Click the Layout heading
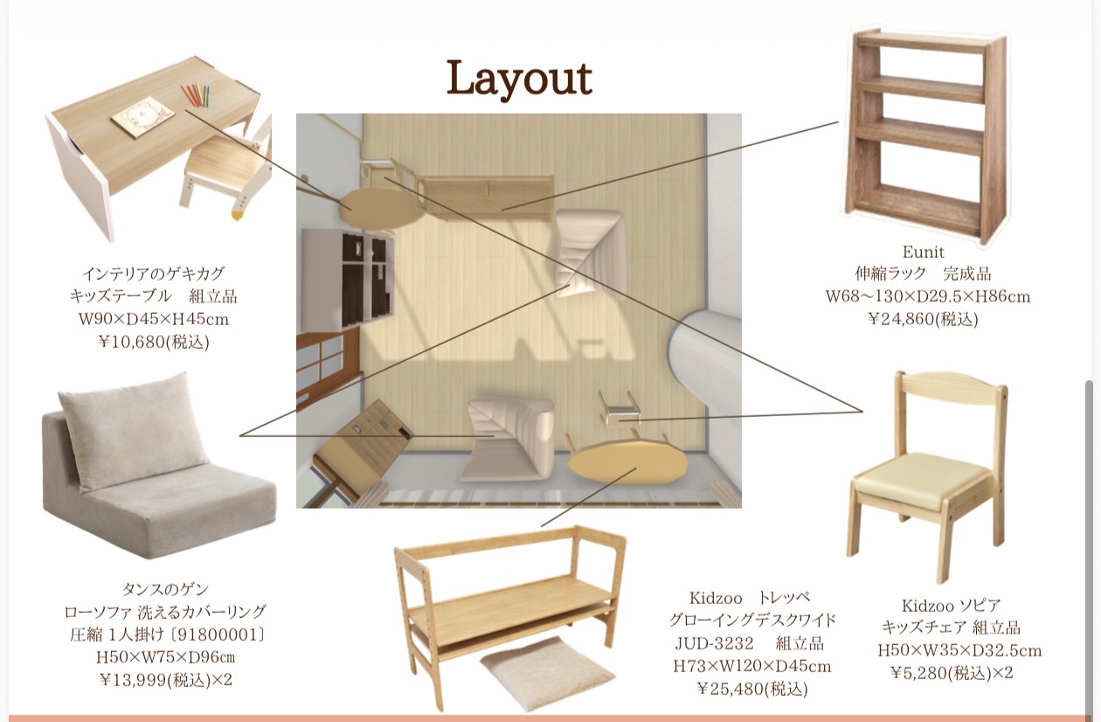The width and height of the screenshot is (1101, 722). pyautogui.click(x=519, y=78)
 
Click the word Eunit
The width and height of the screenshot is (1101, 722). pyautogui.click(x=923, y=252)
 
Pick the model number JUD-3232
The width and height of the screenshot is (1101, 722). pyautogui.click(x=714, y=643)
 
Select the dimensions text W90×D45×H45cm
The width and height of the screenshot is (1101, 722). pyautogui.click(x=154, y=319)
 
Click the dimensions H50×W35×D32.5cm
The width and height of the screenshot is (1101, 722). pyautogui.click(x=959, y=650)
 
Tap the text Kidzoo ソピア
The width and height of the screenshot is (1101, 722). pyautogui.click(x=951, y=605)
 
